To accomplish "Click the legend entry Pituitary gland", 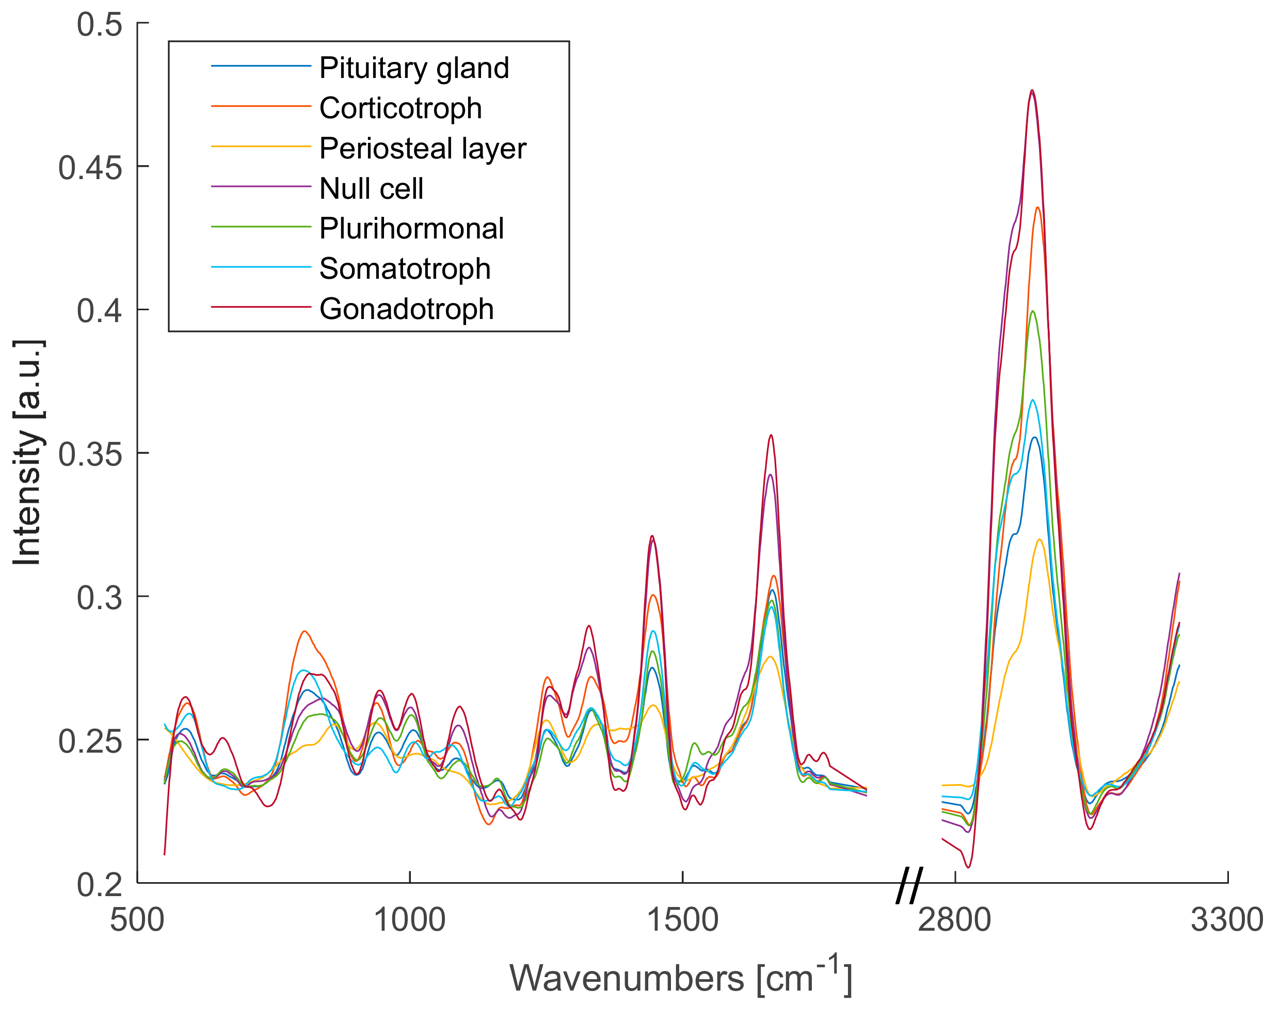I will point(414,68).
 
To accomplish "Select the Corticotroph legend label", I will point(400,108).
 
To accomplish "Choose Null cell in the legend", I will point(371,188).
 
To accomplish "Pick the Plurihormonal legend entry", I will point(411,229).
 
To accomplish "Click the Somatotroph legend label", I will point(404,268).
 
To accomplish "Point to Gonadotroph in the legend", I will point(406,309).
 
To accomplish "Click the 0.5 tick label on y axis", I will point(99,24).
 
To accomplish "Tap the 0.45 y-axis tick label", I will point(90,168).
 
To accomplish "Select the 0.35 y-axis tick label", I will point(90,454).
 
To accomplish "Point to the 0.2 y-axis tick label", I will point(99,885).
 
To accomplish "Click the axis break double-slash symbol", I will point(909,885).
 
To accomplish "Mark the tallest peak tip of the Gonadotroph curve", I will point(1032,90).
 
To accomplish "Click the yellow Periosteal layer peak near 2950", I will point(1039,540).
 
